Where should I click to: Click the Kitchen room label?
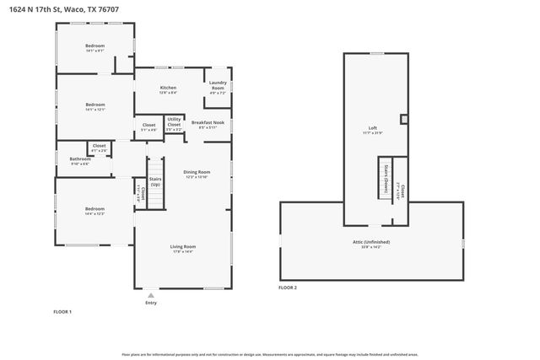point(168,89)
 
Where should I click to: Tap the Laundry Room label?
point(218,86)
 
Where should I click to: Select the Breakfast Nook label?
point(208,124)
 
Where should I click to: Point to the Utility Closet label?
point(174,124)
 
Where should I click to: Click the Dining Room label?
point(197,174)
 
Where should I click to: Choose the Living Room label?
point(182,248)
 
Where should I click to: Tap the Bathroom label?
point(80,160)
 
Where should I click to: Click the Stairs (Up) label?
point(155,181)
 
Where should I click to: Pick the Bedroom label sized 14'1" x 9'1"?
point(94,47)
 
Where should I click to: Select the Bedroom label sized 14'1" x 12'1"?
point(94,106)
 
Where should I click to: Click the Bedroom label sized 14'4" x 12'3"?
point(94,211)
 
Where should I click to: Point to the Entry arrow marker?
point(150,295)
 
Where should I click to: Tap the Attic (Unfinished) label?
point(372,244)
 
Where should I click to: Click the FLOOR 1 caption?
point(62,312)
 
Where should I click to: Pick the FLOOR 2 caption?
point(288,287)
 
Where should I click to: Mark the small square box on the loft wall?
point(403,120)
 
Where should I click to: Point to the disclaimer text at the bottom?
point(269,355)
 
